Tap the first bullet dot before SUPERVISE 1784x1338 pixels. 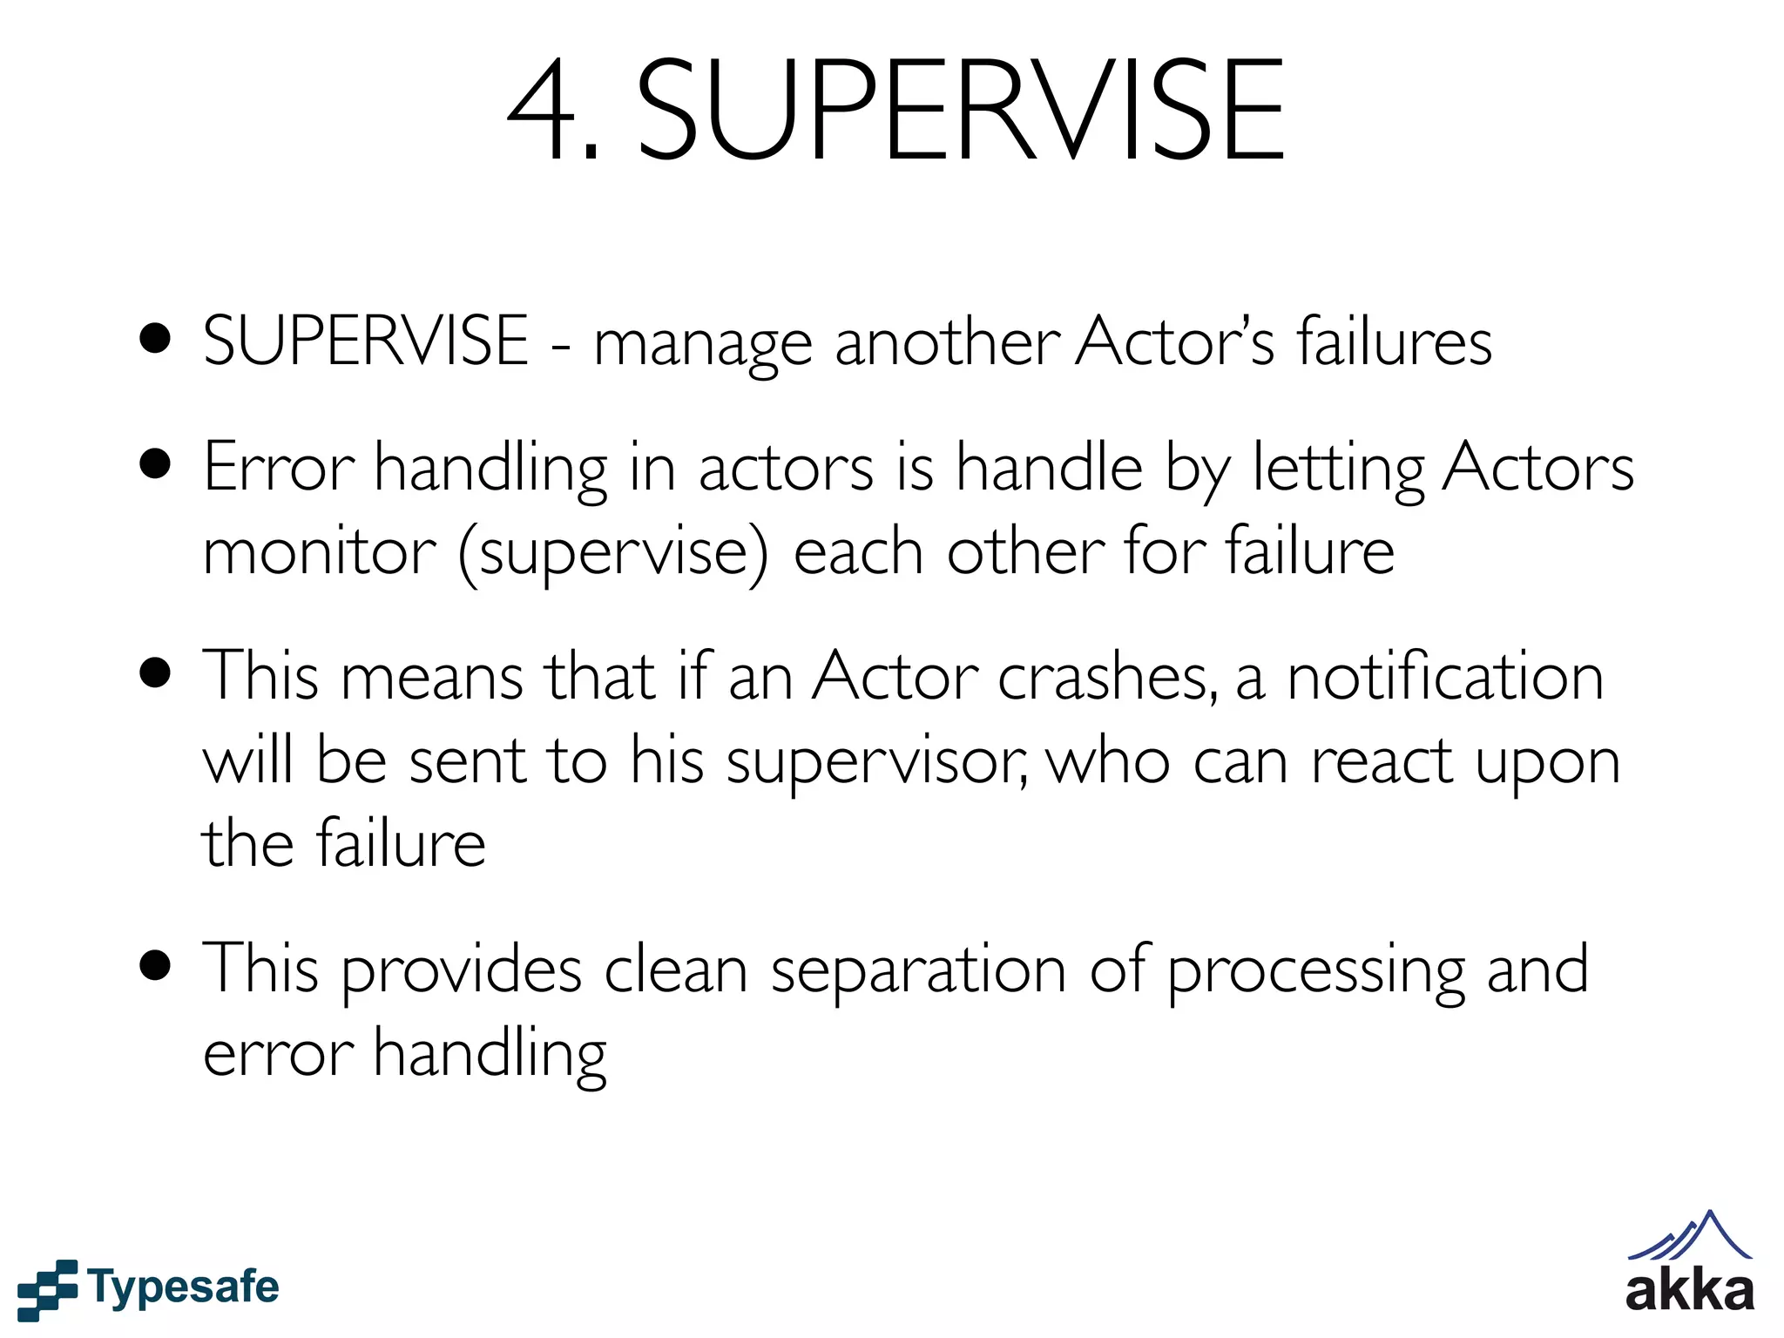point(155,339)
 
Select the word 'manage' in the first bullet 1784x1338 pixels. point(702,344)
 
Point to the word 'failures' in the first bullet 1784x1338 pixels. point(1394,341)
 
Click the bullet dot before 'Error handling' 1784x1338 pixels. point(155,464)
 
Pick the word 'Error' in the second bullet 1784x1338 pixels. point(278,468)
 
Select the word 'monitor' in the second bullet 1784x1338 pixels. point(319,551)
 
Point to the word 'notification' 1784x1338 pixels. point(1445,676)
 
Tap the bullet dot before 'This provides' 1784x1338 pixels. point(155,966)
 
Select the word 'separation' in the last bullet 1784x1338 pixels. point(918,972)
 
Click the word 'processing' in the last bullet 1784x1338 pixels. point(1315,972)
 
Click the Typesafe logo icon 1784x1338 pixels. point(47,1288)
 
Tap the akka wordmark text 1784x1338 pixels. point(1689,1292)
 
